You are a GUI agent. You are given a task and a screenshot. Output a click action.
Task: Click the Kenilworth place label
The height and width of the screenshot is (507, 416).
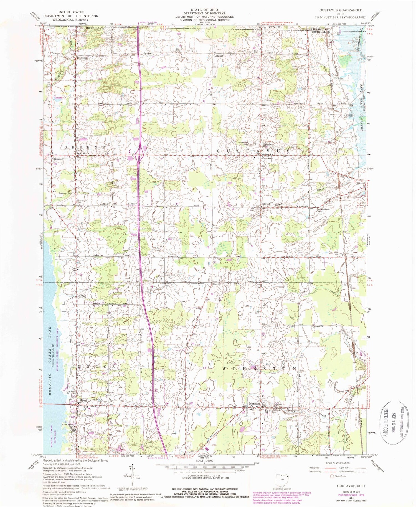83,153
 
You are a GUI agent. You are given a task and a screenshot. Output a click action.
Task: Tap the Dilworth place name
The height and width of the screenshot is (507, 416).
266,204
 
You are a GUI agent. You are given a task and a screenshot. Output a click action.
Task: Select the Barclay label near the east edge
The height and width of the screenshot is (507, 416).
361,183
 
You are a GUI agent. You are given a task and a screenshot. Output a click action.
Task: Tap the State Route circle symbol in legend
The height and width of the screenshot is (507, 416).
332,476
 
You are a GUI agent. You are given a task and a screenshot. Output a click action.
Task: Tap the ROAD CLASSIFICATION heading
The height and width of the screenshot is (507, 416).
338,463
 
